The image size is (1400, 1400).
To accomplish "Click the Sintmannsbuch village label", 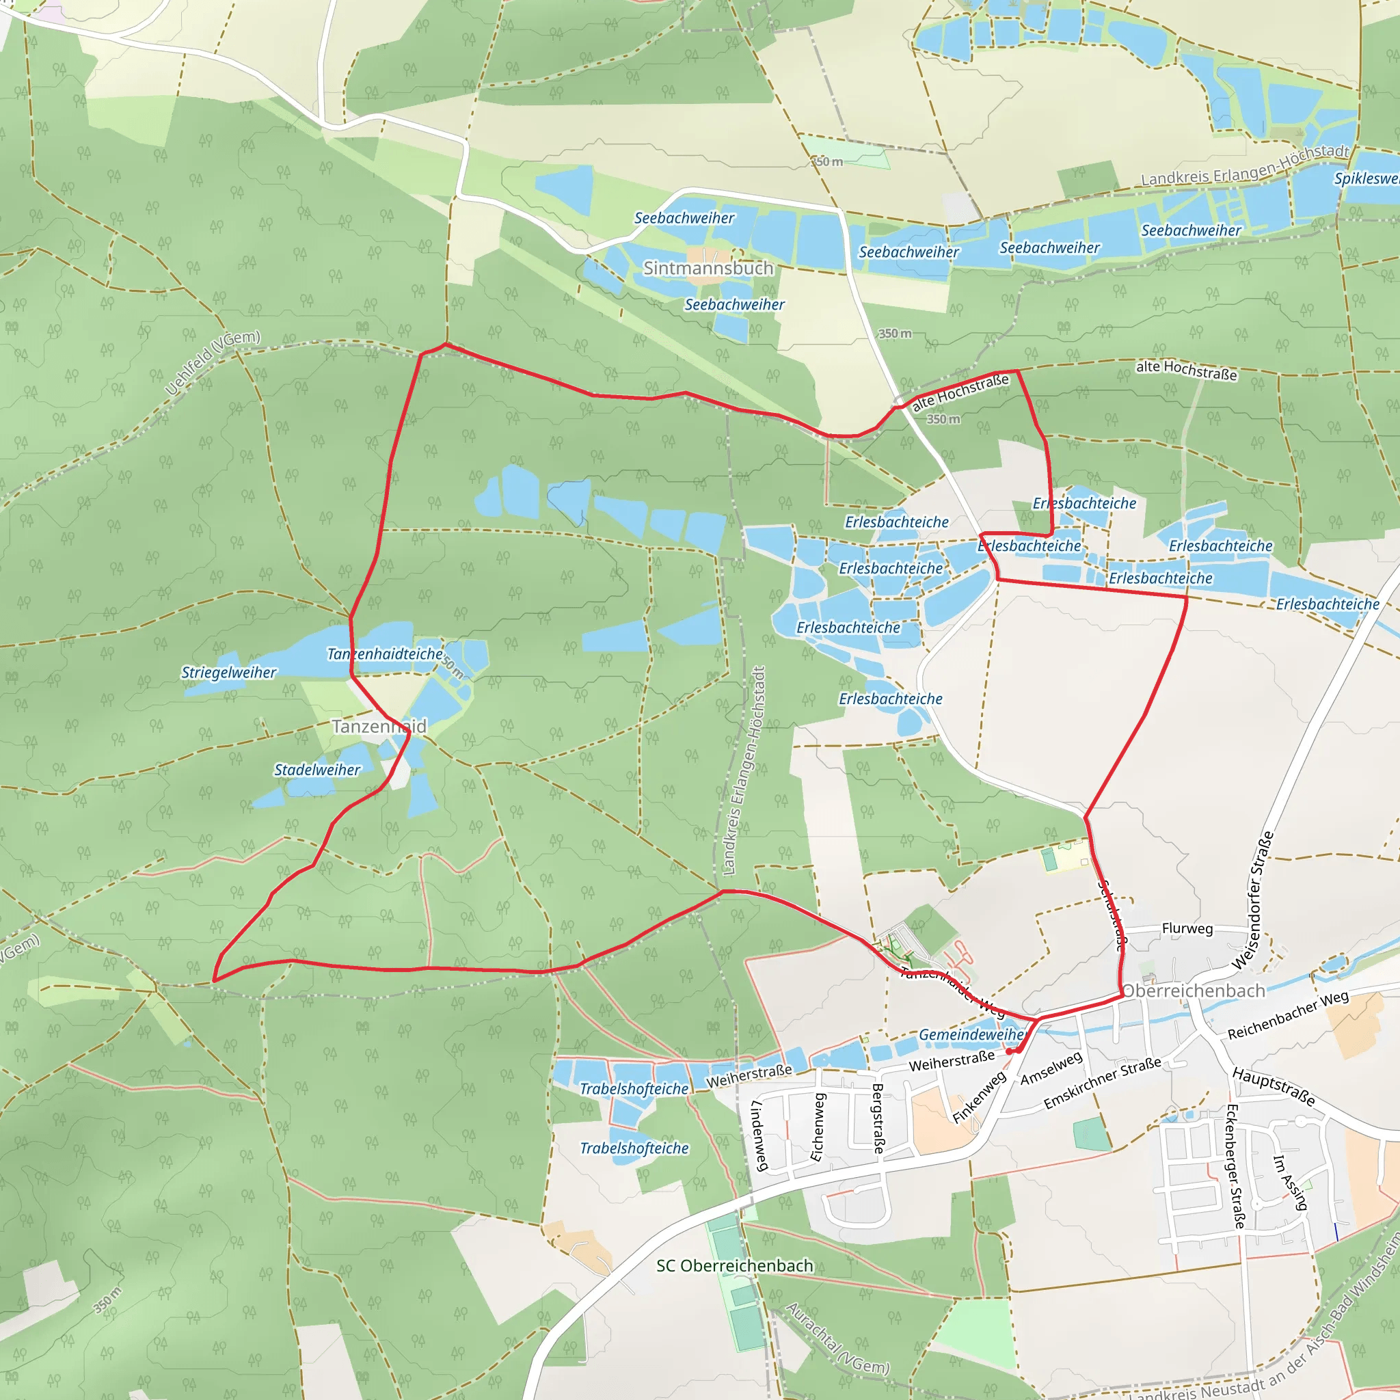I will pos(708,268).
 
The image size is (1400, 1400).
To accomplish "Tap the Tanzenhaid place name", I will pos(379,726).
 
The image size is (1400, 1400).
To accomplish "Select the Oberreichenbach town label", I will pos(1194,991).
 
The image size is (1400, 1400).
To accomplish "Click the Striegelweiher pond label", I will pos(228,673).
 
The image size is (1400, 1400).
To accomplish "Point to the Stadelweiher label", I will pos(317,770).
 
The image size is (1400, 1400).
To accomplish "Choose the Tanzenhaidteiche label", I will pos(385,654).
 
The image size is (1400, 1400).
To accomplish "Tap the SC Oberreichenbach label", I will pos(735,1266).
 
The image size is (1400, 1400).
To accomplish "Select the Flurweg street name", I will pos(1187,928).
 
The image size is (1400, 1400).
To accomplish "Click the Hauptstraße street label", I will pos(1273,1086).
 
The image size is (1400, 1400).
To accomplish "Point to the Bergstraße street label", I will pos(878,1118).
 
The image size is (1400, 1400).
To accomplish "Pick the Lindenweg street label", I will pos(758,1135).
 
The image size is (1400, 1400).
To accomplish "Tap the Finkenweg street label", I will pos(979,1097).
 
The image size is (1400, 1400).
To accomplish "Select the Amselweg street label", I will pos(1051,1069).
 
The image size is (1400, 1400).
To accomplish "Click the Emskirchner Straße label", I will pos(1102,1083).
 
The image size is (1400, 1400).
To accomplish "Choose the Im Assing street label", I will pos(1291,1183).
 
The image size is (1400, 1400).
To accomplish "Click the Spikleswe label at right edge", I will pos(1366,178).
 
